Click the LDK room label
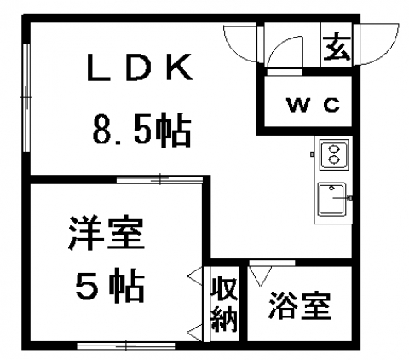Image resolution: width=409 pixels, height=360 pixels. pyautogui.click(x=140, y=67)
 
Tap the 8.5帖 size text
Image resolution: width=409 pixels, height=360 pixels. pyautogui.click(x=141, y=131)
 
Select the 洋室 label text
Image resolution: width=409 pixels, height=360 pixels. pyautogui.click(x=106, y=233)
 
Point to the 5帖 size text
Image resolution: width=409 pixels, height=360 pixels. pyautogui.click(x=110, y=286)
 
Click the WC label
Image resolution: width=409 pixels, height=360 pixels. pyautogui.click(x=314, y=105)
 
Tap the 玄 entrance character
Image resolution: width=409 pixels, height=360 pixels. pyautogui.click(x=337, y=46)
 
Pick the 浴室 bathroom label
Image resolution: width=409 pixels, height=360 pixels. pyautogui.click(x=300, y=306)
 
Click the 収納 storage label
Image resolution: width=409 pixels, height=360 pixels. pyautogui.click(x=224, y=305)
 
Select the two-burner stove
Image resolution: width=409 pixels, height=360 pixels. pyautogui.click(x=334, y=155)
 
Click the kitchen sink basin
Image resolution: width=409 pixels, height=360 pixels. pyautogui.click(x=332, y=199)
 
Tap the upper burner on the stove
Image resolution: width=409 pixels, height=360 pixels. pyautogui.click(x=334, y=148)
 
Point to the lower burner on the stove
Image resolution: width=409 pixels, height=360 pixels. pyautogui.click(x=334, y=160)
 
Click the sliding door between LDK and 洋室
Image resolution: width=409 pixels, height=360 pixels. pyautogui.click(x=159, y=180)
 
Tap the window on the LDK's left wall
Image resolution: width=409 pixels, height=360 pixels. pyautogui.click(x=26, y=97)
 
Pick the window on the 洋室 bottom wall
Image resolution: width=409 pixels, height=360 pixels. pyautogui.click(x=126, y=346)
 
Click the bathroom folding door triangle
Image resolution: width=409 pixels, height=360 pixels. pyautogui.click(x=260, y=276)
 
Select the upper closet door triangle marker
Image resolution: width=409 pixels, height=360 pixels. pyautogui.click(x=195, y=276)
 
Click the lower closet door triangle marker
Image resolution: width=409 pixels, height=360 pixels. pyautogui.click(x=195, y=332)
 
